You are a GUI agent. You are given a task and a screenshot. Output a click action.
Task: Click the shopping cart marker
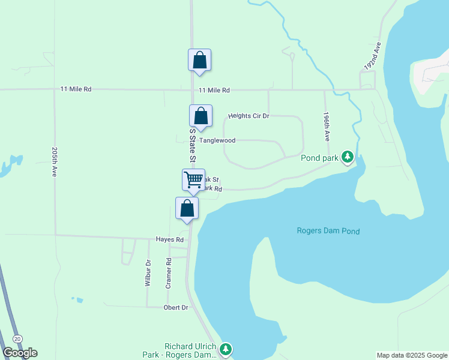coord(193,180)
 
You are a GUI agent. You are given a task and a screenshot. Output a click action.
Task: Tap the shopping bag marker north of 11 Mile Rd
coord(200,60)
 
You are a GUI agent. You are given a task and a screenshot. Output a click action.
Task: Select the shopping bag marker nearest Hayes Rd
coord(187,208)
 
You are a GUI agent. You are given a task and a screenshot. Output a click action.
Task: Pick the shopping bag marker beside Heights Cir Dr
coord(200,116)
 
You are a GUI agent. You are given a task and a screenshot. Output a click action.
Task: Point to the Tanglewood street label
coord(217,140)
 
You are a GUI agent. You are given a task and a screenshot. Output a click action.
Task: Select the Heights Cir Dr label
coord(249,116)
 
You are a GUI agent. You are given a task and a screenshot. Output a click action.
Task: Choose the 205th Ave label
coord(55,161)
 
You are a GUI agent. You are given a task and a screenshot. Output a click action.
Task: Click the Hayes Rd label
coord(169,239)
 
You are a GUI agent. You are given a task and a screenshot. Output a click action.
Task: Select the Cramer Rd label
coord(169,273)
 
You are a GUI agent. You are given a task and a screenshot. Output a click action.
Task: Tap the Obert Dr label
coord(176,308)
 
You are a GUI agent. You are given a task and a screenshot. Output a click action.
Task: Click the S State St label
coord(193,145)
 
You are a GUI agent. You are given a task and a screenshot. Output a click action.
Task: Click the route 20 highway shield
coord(17,339)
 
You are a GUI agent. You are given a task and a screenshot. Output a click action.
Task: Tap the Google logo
coord(20,352)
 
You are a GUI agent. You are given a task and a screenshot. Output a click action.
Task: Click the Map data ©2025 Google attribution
coord(411,355)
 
